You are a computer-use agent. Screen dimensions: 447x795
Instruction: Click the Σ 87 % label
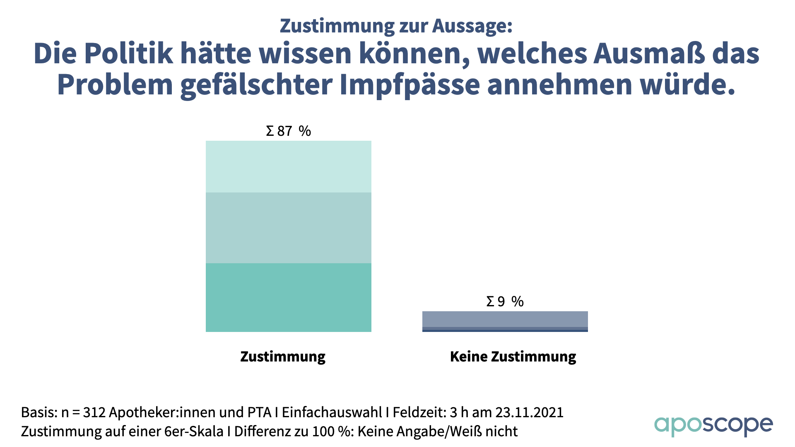pyautogui.click(x=288, y=131)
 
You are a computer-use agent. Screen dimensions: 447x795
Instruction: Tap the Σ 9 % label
pyautogui.click(x=505, y=301)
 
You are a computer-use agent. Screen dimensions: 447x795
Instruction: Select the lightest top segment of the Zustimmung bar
pyautogui.click(x=288, y=166)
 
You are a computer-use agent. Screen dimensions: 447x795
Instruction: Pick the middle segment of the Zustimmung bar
pyautogui.click(x=288, y=228)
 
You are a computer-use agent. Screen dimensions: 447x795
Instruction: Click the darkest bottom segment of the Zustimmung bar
pyautogui.click(x=288, y=297)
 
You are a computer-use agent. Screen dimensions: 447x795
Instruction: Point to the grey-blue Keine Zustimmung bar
pyautogui.click(x=505, y=319)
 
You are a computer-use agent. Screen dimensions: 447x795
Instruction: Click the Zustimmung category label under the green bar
pyautogui.click(x=283, y=357)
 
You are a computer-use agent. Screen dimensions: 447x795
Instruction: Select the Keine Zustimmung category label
pyautogui.click(x=513, y=357)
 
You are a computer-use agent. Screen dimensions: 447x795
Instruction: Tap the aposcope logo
pyautogui.click(x=713, y=425)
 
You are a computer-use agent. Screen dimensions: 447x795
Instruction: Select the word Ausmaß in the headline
pyautogui.click(x=648, y=54)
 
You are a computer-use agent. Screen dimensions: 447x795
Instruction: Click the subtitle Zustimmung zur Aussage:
pyautogui.click(x=396, y=26)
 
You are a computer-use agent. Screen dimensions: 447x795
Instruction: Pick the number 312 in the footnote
pyautogui.click(x=94, y=413)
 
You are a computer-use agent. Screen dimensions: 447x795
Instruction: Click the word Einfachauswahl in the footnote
pyautogui.click(x=332, y=413)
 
